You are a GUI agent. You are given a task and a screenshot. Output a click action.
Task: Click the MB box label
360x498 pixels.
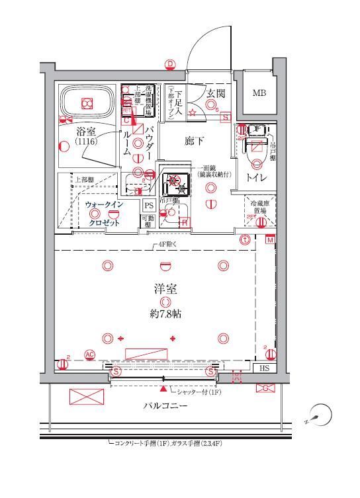pyautogui.click(x=259, y=93)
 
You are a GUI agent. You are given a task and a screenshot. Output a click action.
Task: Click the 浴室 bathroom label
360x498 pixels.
pyautogui.click(x=83, y=132)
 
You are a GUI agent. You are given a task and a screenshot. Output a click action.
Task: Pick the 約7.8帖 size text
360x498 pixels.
pyautogui.click(x=165, y=315)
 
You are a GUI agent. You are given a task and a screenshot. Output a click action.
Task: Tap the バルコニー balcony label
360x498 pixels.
pyautogui.click(x=165, y=405)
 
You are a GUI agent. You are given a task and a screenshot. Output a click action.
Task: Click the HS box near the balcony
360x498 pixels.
pyautogui.click(x=264, y=368)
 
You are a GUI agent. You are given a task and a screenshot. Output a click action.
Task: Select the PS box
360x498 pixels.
pyautogui.click(x=148, y=205)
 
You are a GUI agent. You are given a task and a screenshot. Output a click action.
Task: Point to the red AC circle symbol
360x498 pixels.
pyautogui.click(x=89, y=355)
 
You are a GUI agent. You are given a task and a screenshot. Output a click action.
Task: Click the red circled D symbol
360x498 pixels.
pyautogui.click(x=170, y=64)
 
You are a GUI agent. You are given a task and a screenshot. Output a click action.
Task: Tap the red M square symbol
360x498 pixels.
pyautogui.click(x=271, y=240)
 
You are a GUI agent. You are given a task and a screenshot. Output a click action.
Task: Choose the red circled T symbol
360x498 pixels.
pyautogui.click(x=246, y=240)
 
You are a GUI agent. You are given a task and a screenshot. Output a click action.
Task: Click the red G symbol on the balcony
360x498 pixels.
pyautogui.click(x=265, y=388)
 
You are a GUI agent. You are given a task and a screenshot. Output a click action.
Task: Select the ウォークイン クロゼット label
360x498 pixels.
pyautogui.click(x=104, y=214)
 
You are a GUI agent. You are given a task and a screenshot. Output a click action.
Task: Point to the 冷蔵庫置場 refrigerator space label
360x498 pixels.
pyautogui.click(x=260, y=207)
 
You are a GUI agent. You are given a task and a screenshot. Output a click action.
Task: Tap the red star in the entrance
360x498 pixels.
pyautogui.click(x=193, y=114)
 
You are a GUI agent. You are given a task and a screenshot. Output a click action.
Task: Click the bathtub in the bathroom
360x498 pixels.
pyautogui.click(x=86, y=102)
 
